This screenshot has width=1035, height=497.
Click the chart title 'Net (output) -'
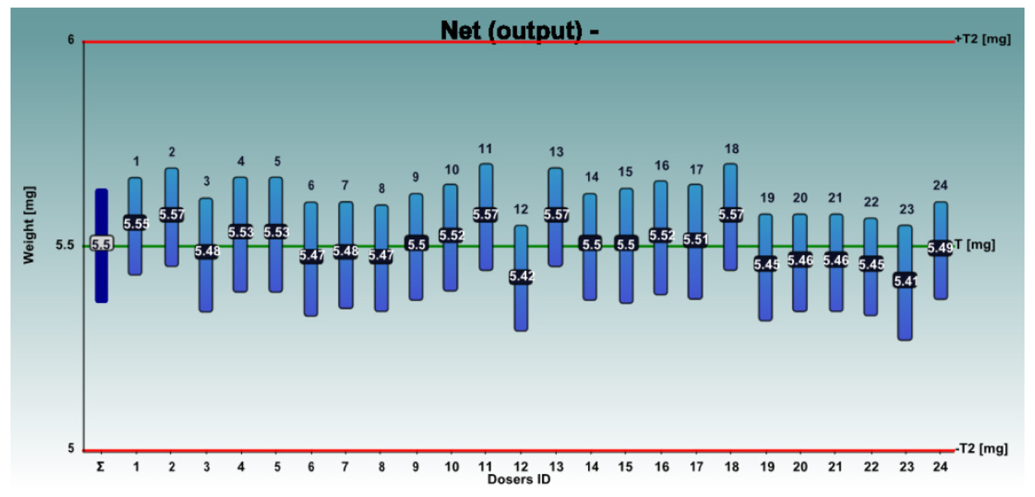pyautogui.click(x=519, y=30)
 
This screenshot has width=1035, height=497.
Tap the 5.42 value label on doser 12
pyautogui.click(x=521, y=276)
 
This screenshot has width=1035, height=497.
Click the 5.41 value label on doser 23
pyautogui.click(x=905, y=281)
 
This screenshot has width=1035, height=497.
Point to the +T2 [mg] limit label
pyautogui.click(x=982, y=39)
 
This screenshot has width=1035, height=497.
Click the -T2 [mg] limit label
pyautogui.click(x=982, y=449)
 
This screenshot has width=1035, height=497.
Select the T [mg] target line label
pyautogui.click(x=975, y=245)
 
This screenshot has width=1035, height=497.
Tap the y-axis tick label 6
pyautogui.click(x=71, y=40)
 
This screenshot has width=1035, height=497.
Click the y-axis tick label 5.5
pyautogui.click(x=65, y=245)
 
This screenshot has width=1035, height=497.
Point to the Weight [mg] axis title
pyautogui.click(x=29, y=225)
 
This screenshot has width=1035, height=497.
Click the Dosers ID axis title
pyautogui.click(x=519, y=479)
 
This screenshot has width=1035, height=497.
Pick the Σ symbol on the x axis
pyautogui.click(x=100, y=467)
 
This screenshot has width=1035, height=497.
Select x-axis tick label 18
pyautogui.click(x=731, y=467)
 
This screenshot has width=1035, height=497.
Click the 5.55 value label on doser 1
pyautogui.click(x=136, y=223)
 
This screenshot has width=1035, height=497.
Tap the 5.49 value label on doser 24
pyautogui.click(x=940, y=248)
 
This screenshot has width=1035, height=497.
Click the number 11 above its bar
pyautogui.click(x=485, y=149)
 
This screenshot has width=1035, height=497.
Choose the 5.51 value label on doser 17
pyautogui.click(x=696, y=239)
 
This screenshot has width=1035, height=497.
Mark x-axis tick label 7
pyautogui.click(x=345, y=467)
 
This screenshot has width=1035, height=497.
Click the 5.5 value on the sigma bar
pyautogui.click(x=101, y=244)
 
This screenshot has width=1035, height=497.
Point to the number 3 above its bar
pyautogui.click(x=207, y=182)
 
